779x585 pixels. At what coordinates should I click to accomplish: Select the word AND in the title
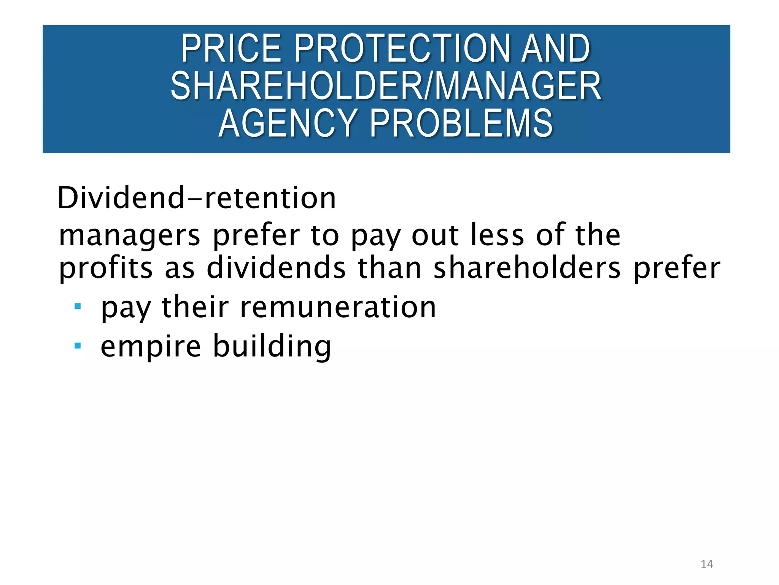point(556,48)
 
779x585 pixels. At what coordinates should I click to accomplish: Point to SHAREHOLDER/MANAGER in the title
point(386,86)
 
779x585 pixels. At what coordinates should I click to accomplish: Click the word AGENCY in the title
point(288,123)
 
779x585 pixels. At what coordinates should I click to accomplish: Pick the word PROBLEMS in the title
point(461,123)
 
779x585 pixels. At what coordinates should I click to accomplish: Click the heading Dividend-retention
point(197,198)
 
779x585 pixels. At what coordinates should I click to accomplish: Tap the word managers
point(130,235)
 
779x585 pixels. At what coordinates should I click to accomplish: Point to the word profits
point(106,268)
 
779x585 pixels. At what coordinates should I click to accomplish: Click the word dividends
point(277,267)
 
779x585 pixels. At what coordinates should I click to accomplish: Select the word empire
point(151,347)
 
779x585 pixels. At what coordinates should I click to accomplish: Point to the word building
point(272,346)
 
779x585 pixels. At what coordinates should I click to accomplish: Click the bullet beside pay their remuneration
point(78,306)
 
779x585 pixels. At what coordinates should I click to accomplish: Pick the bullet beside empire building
point(78,346)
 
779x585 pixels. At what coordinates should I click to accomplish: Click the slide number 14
point(707,564)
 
